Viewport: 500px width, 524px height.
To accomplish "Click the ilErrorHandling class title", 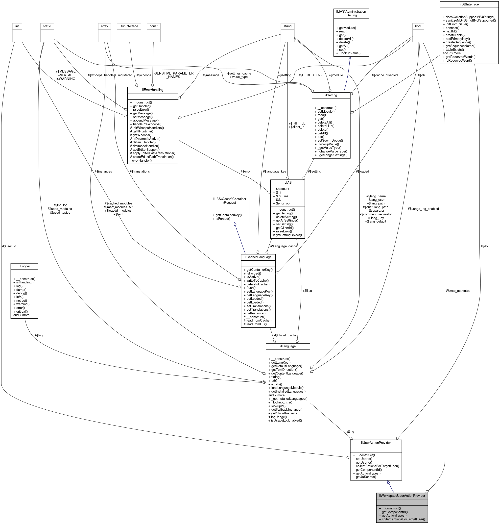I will [152, 90].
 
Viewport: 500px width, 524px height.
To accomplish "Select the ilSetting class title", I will [331, 95].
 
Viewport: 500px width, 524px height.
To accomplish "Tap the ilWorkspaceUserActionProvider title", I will [402, 496].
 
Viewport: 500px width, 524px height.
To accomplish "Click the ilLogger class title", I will [24, 266].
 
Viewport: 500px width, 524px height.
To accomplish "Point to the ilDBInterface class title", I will [469, 4].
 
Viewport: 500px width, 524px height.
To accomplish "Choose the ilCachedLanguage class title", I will [258, 257].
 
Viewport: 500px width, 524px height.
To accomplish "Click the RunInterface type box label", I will [129, 26].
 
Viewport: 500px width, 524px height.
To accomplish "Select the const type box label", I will [154, 26].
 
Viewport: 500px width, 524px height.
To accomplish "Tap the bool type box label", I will [418, 26].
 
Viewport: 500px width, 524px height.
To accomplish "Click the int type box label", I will [17, 26].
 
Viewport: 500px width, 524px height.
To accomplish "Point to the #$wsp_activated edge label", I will [458, 291].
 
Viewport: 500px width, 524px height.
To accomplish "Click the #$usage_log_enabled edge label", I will [423, 209].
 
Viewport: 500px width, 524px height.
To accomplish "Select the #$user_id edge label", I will [9, 246].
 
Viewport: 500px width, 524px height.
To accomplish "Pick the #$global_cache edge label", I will [286, 335].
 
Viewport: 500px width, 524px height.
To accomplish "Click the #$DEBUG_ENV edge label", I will [310, 75].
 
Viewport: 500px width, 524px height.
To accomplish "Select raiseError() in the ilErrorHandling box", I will [139, 110].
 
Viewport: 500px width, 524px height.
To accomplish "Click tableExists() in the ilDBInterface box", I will [453, 50].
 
